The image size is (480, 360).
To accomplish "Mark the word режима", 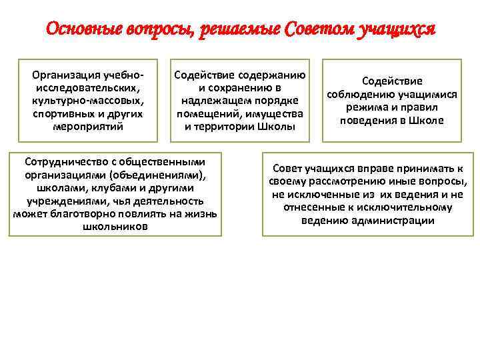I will (x=365, y=107).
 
